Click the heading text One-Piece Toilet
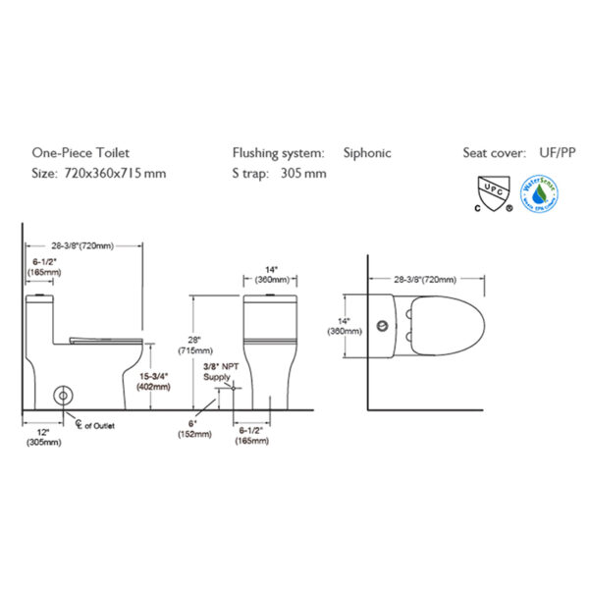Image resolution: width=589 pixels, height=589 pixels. [x=80, y=152]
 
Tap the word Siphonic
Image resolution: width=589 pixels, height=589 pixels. [x=367, y=152]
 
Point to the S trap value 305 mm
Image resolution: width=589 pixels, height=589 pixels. [x=303, y=174]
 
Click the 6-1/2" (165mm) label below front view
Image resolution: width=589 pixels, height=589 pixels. [x=253, y=436]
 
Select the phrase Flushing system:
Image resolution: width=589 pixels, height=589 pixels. [x=278, y=152]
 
